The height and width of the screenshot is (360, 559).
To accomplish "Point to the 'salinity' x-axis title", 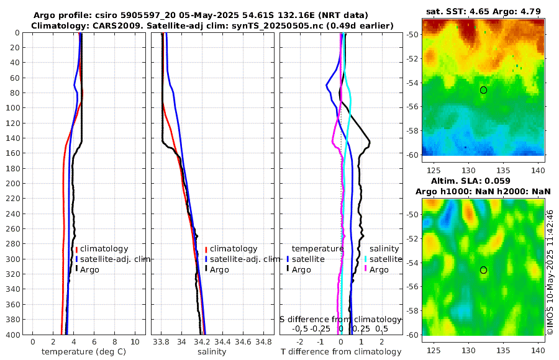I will point(212,352).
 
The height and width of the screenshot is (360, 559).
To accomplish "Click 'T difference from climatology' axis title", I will point(341,352).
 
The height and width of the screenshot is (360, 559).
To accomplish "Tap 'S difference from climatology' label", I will point(340,319).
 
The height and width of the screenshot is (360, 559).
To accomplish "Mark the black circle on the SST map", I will point(483,90).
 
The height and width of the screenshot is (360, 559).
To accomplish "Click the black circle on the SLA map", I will point(483,270).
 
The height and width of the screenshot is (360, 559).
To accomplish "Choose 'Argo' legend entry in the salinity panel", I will point(219,269).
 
